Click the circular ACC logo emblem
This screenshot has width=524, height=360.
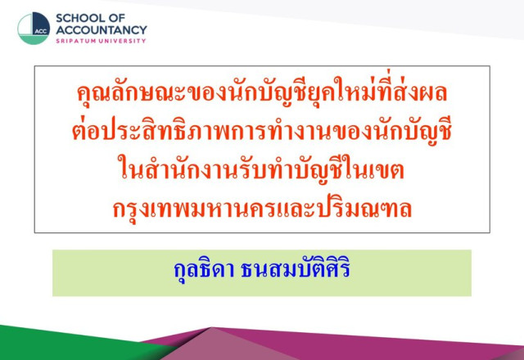(x=34, y=29)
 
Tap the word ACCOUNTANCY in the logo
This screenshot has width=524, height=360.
(x=102, y=30)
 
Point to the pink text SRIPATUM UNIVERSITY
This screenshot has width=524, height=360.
(x=101, y=41)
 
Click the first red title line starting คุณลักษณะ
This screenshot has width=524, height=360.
(x=262, y=92)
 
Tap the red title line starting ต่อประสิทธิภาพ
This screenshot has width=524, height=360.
(x=262, y=131)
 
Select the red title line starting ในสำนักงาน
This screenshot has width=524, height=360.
(x=261, y=169)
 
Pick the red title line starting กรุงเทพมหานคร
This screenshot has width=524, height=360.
(x=262, y=209)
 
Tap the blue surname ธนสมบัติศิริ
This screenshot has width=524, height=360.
(x=296, y=269)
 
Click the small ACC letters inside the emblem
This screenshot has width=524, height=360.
(x=41, y=31)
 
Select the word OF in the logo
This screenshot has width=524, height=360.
(x=116, y=18)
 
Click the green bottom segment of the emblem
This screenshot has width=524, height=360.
(x=34, y=40)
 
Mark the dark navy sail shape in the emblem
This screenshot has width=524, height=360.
(x=42, y=24)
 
